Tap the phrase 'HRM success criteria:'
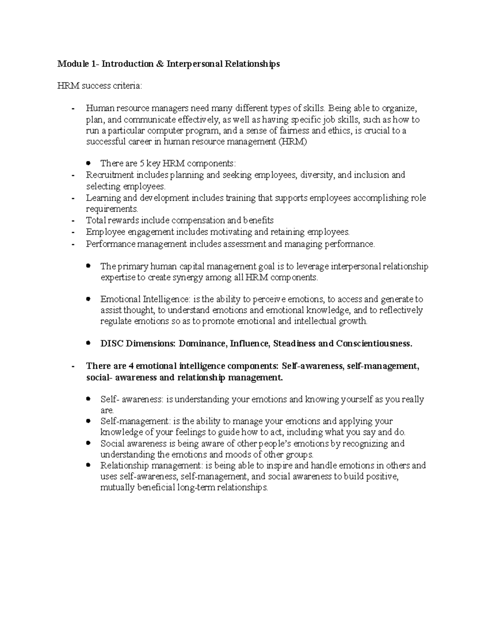(x=100, y=86)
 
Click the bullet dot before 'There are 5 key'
(x=88, y=163)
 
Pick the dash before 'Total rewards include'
(x=73, y=221)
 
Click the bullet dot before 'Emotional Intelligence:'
(x=88, y=299)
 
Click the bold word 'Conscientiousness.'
(x=374, y=344)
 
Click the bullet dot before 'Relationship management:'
(x=88, y=465)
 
